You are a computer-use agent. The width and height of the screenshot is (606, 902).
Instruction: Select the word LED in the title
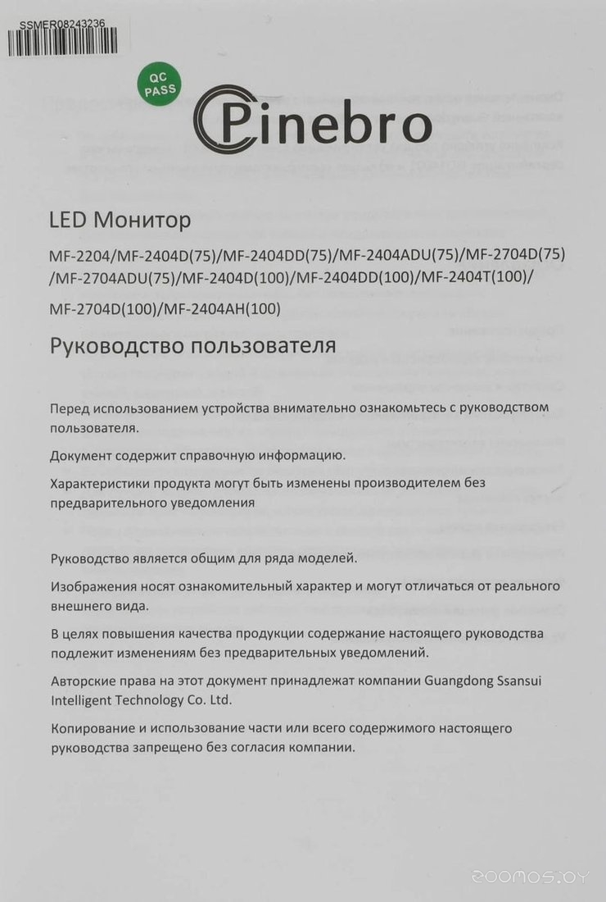click(x=68, y=221)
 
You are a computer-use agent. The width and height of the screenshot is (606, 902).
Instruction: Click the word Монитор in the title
click(x=142, y=221)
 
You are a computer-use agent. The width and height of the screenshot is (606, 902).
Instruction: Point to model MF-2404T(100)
click(x=474, y=277)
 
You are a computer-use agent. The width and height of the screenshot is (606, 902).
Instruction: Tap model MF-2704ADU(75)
click(x=115, y=277)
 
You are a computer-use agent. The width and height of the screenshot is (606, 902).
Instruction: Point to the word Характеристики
click(x=102, y=482)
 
